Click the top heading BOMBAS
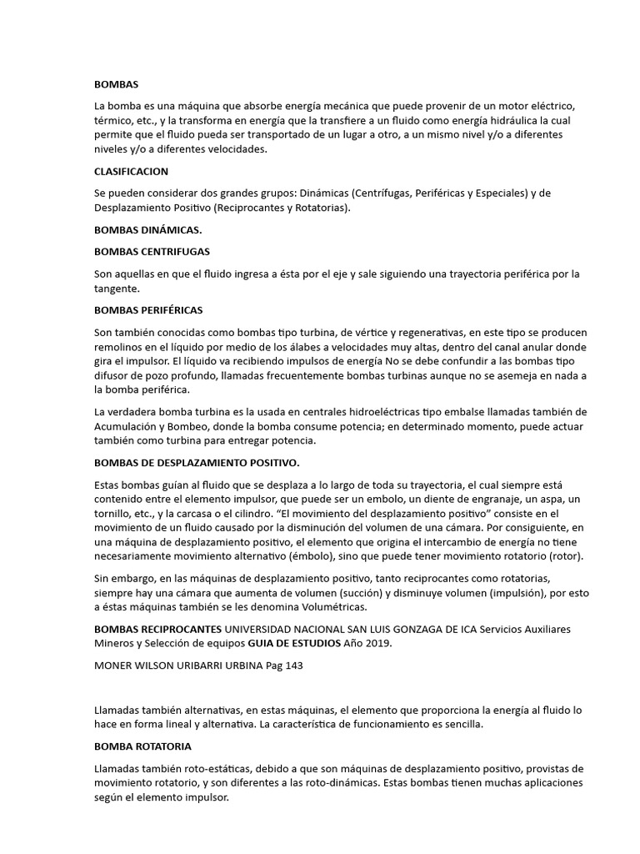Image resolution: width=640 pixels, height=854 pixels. [x=117, y=85]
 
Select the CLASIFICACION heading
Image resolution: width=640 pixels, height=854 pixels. [x=131, y=171]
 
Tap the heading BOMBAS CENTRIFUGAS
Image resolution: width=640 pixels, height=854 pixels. [x=152, y=251]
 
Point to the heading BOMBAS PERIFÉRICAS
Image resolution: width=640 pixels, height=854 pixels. [x=148, y=310]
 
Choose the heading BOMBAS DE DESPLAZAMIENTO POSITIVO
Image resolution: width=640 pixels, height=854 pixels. [x=197, y=462]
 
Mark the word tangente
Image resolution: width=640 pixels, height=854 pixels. [x=117, y=289]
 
